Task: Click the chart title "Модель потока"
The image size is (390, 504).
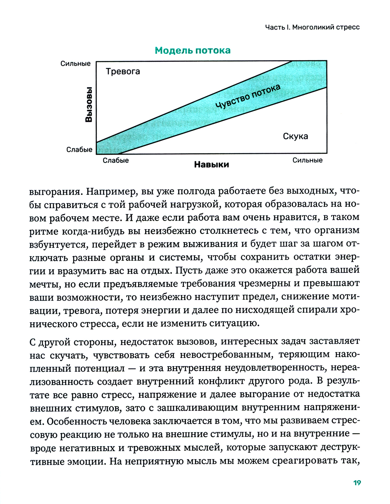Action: tap(193, 50)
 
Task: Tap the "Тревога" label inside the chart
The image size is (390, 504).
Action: tap(123, 71)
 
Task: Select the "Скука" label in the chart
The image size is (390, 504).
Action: tap(295, 136)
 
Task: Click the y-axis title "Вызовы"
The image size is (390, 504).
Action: tap(89, 105)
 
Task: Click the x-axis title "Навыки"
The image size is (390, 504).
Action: tap(211, 165)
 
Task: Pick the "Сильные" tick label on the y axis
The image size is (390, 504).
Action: tap(75, 64)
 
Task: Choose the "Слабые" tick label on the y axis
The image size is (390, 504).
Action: tap(79, 150)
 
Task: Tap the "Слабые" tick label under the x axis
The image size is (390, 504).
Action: tap(116, 160)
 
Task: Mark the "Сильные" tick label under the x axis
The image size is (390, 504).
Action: tap(307, 160)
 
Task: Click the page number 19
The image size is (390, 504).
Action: tap(357, 483)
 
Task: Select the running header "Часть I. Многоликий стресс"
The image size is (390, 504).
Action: tap(312, 27)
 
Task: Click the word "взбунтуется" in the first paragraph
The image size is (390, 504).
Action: tap(57, 244)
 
